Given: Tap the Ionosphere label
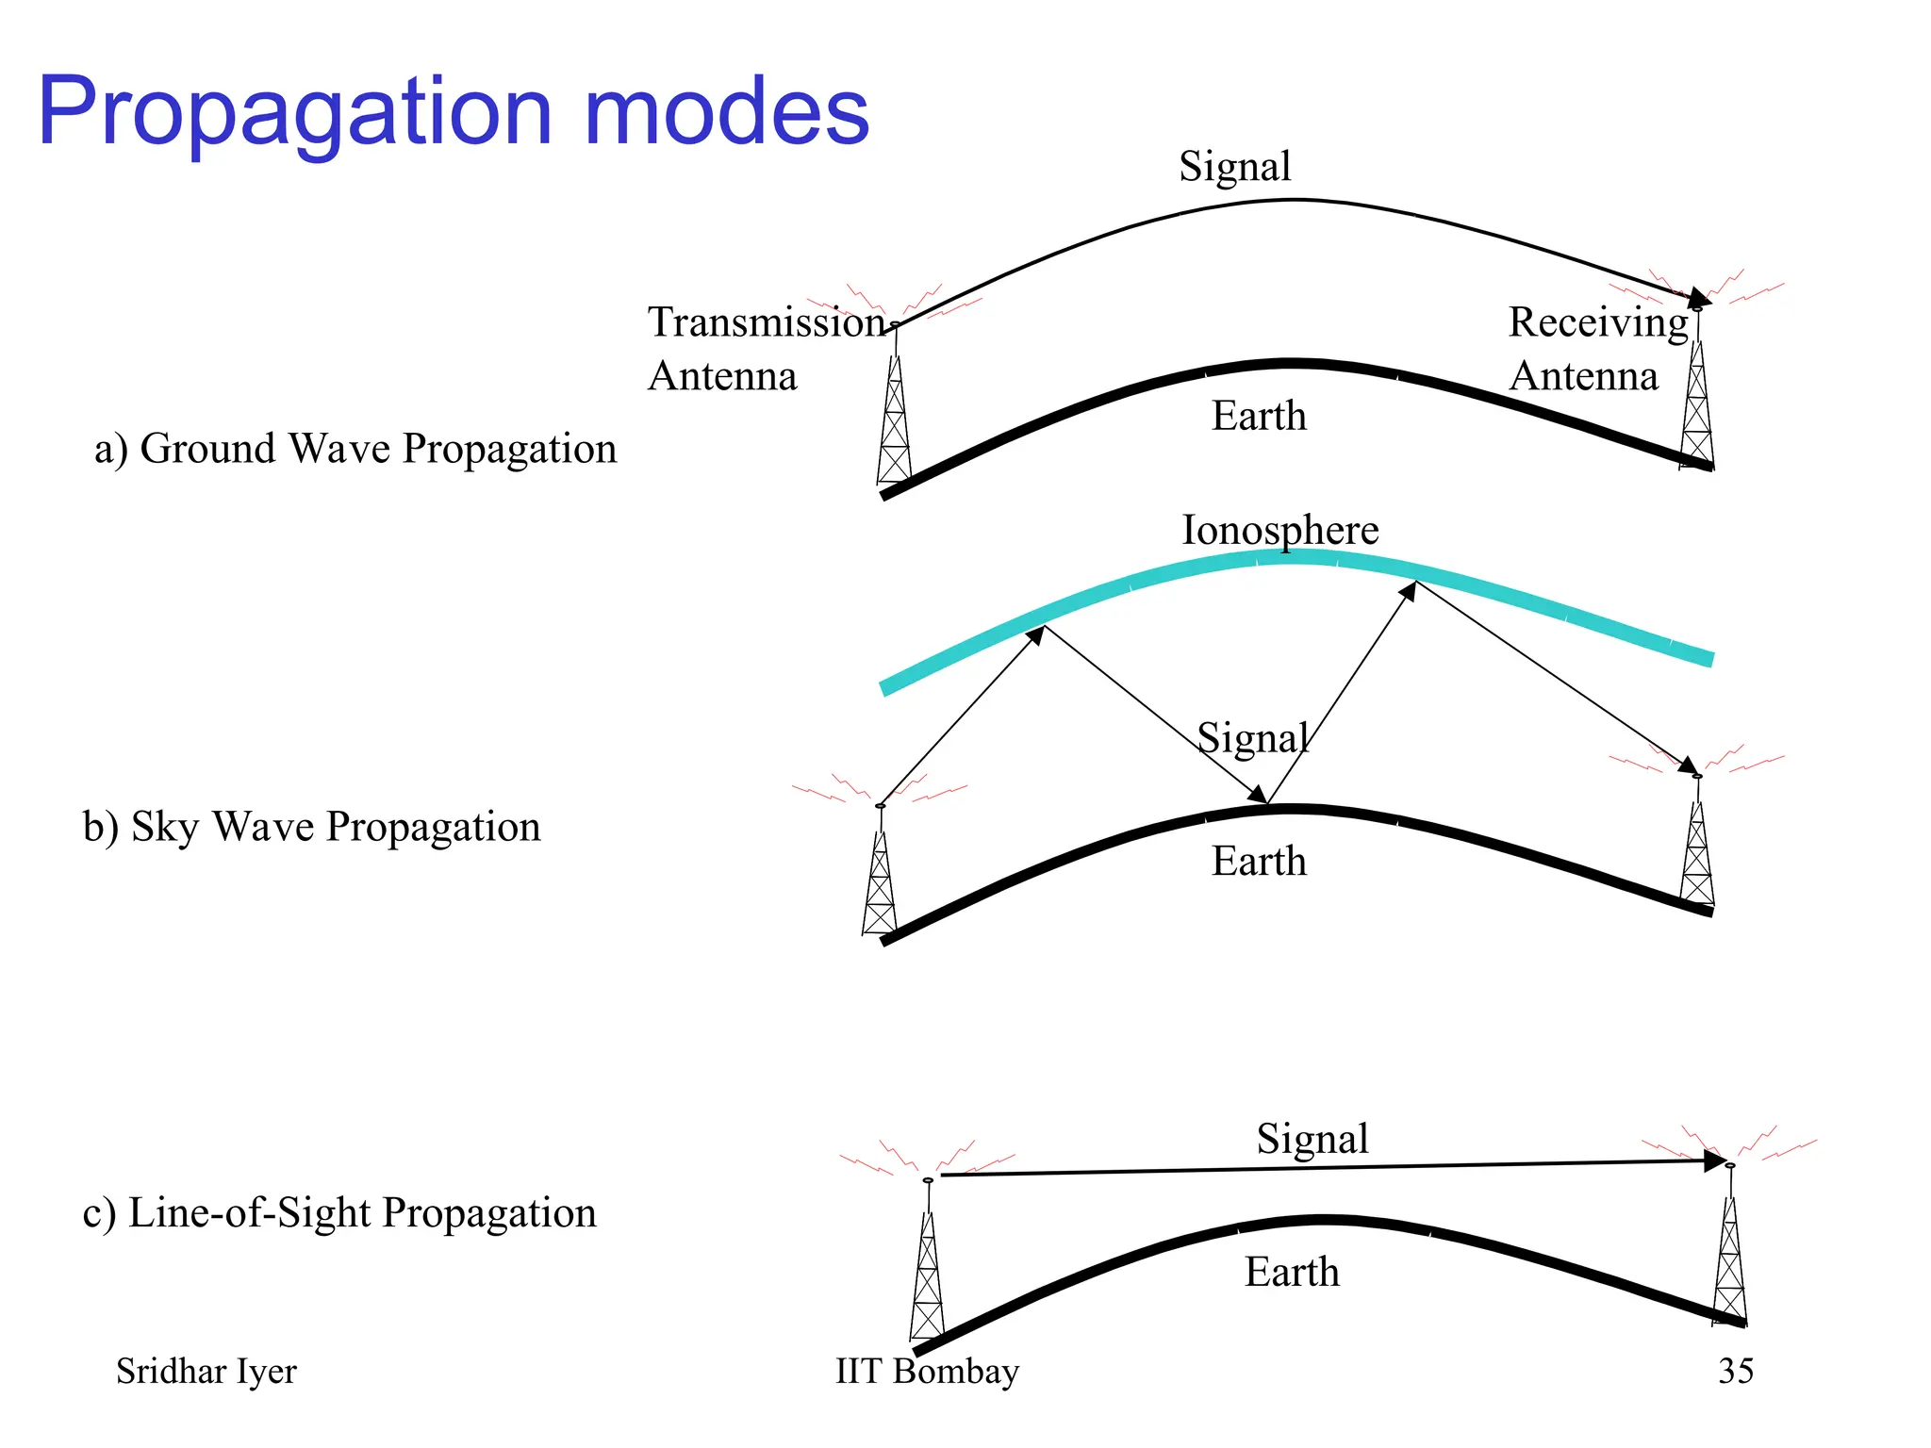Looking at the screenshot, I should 1279,530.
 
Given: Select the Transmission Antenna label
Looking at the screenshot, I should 764,348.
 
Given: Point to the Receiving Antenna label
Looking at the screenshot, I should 1597,348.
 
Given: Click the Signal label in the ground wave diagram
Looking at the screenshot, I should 1234,166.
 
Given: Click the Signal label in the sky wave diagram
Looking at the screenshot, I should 1253,737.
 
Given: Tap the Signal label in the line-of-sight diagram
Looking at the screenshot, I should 1312,1139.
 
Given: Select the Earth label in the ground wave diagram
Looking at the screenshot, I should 1259,416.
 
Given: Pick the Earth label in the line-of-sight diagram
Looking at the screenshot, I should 1291,1272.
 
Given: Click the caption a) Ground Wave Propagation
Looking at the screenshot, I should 355,449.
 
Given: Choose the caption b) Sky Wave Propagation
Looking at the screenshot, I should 311,827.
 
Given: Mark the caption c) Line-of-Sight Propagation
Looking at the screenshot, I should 339,1213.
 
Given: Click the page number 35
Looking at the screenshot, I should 1735,1371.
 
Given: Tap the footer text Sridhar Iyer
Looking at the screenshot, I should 206,1371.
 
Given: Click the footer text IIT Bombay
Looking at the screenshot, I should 927,1371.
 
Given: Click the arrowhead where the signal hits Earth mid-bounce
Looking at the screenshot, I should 1258,795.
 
